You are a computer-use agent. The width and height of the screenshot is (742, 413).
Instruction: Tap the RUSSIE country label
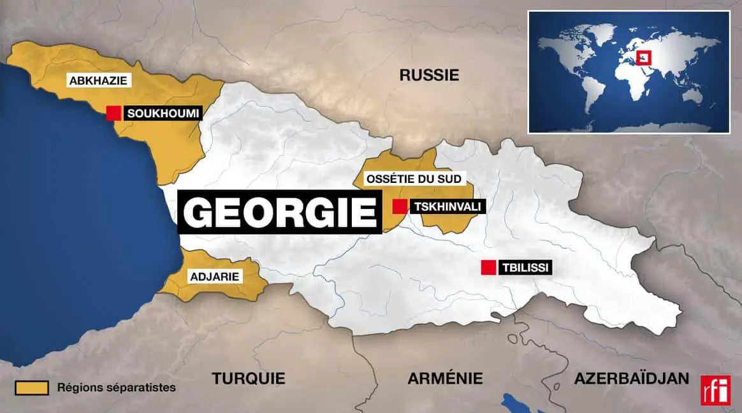(429, 75)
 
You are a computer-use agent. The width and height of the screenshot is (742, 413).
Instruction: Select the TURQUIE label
(249, 378)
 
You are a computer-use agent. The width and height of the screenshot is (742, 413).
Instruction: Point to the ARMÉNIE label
(445, 378)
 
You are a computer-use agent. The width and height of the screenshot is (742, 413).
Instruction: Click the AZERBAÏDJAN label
(631, 378)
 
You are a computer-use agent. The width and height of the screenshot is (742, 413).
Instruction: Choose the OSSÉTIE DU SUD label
(413, 179)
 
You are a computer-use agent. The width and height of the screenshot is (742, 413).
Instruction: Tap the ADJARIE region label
(214, 277)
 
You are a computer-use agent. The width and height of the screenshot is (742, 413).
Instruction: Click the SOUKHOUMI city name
(163, 113)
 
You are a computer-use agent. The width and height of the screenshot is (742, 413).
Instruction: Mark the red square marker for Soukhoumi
(113, 113)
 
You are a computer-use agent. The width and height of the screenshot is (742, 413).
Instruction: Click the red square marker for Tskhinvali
(400, 207)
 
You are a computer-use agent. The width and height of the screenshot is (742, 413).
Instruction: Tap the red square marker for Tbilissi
(489, 268)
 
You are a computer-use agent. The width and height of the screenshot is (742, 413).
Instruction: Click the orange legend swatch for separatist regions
(32, 388)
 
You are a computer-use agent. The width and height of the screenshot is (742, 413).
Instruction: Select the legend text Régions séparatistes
(116, 388)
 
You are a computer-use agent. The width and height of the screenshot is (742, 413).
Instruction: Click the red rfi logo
(715, 390)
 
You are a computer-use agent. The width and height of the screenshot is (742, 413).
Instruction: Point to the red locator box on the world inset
(644, 57)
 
